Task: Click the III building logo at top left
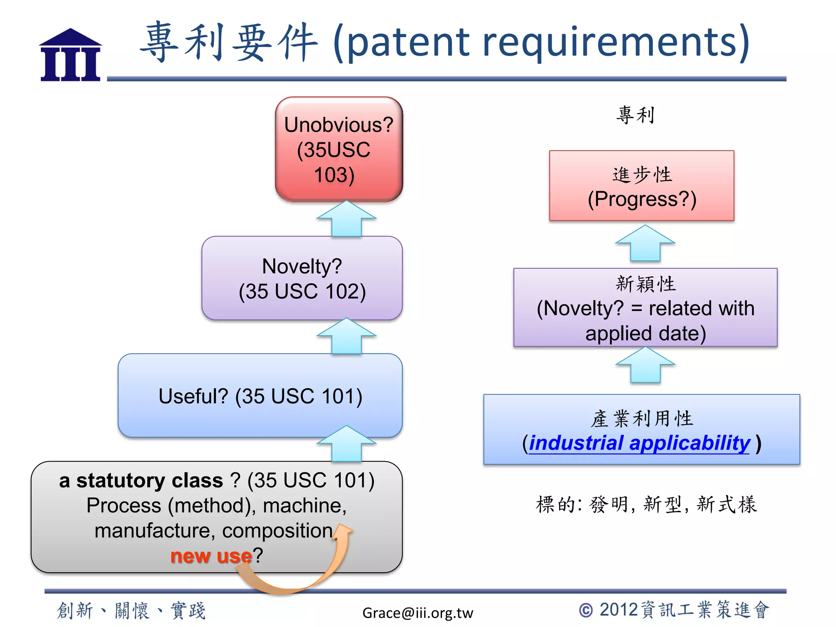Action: coord(70,55)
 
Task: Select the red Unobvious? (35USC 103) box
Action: coord(339,149)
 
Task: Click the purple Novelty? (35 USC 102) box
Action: coord(302,278)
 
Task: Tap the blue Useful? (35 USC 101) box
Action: coord(260,396)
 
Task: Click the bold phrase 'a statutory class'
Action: coord(141,480)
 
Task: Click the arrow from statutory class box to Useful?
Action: coord(346,444)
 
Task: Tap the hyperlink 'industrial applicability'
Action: coord(639,443)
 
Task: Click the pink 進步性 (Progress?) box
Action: coord(641,186)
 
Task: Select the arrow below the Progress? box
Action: coord(645,243)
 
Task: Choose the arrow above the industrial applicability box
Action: coord(645,365)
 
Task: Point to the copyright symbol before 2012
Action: coord(586,611)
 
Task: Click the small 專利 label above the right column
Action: coord(635,115)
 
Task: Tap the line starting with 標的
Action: coord(646,505)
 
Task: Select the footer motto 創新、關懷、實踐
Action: coord(131,611)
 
